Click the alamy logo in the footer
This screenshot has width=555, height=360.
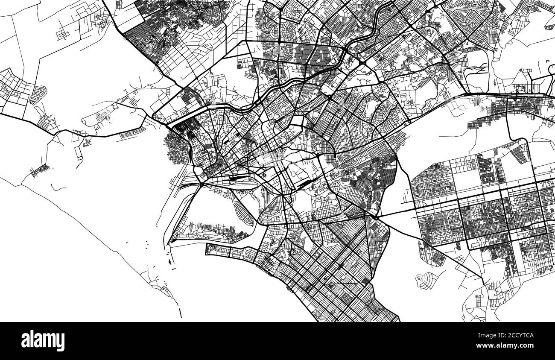(x=43, y=341)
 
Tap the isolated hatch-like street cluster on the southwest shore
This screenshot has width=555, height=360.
(x=40, y=171)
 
